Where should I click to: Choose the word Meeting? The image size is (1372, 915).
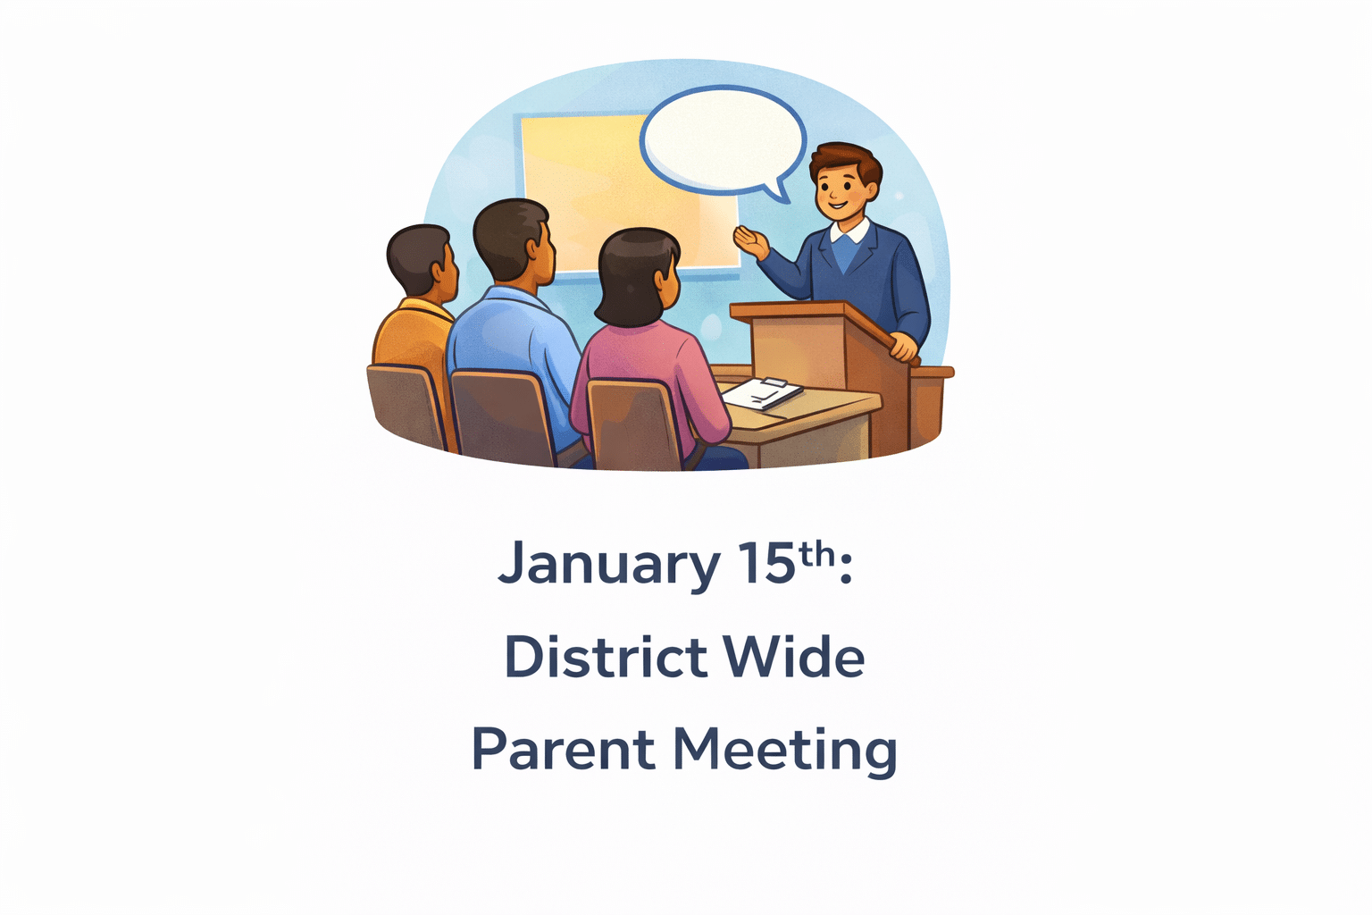784,751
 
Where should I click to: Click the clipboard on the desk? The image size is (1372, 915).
762,392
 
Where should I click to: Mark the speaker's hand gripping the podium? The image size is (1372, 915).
904,346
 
